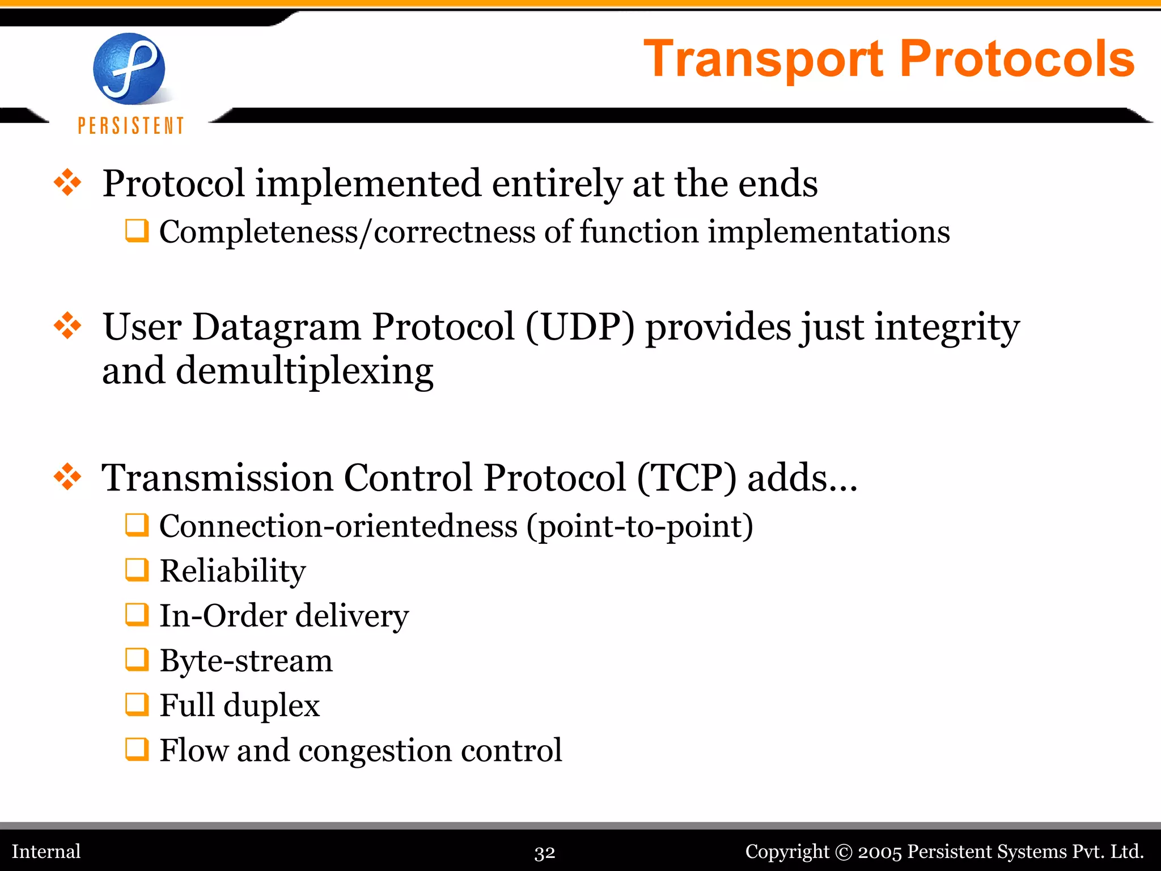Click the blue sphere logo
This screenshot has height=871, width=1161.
(x=129, y=69)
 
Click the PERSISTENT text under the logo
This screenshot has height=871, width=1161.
(x=131, y=125)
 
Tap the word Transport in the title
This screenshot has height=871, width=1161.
(x=764, y=60)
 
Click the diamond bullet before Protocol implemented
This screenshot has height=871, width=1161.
(x=67, y=183)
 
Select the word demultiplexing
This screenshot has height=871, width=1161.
(x=304, y=371)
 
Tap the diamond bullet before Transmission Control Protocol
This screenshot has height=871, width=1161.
(x=67, y=476)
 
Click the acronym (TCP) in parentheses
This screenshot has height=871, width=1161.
(x=687, y=477)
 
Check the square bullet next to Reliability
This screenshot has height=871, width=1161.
(x=137, y=570)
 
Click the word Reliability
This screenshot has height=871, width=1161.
(x=232, y=570)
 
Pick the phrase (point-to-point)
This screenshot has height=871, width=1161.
(x=639, y=527)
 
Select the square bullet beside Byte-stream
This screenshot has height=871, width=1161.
(x=137, y=659)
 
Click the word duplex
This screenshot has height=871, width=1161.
(x=272, y=706)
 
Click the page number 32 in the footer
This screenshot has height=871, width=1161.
(x=545, y=852)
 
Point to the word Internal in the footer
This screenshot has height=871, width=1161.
(x=46, y=851)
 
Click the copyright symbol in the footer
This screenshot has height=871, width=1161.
(x=844, y=852)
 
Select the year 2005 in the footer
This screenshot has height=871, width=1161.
(x=879, y=852)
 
